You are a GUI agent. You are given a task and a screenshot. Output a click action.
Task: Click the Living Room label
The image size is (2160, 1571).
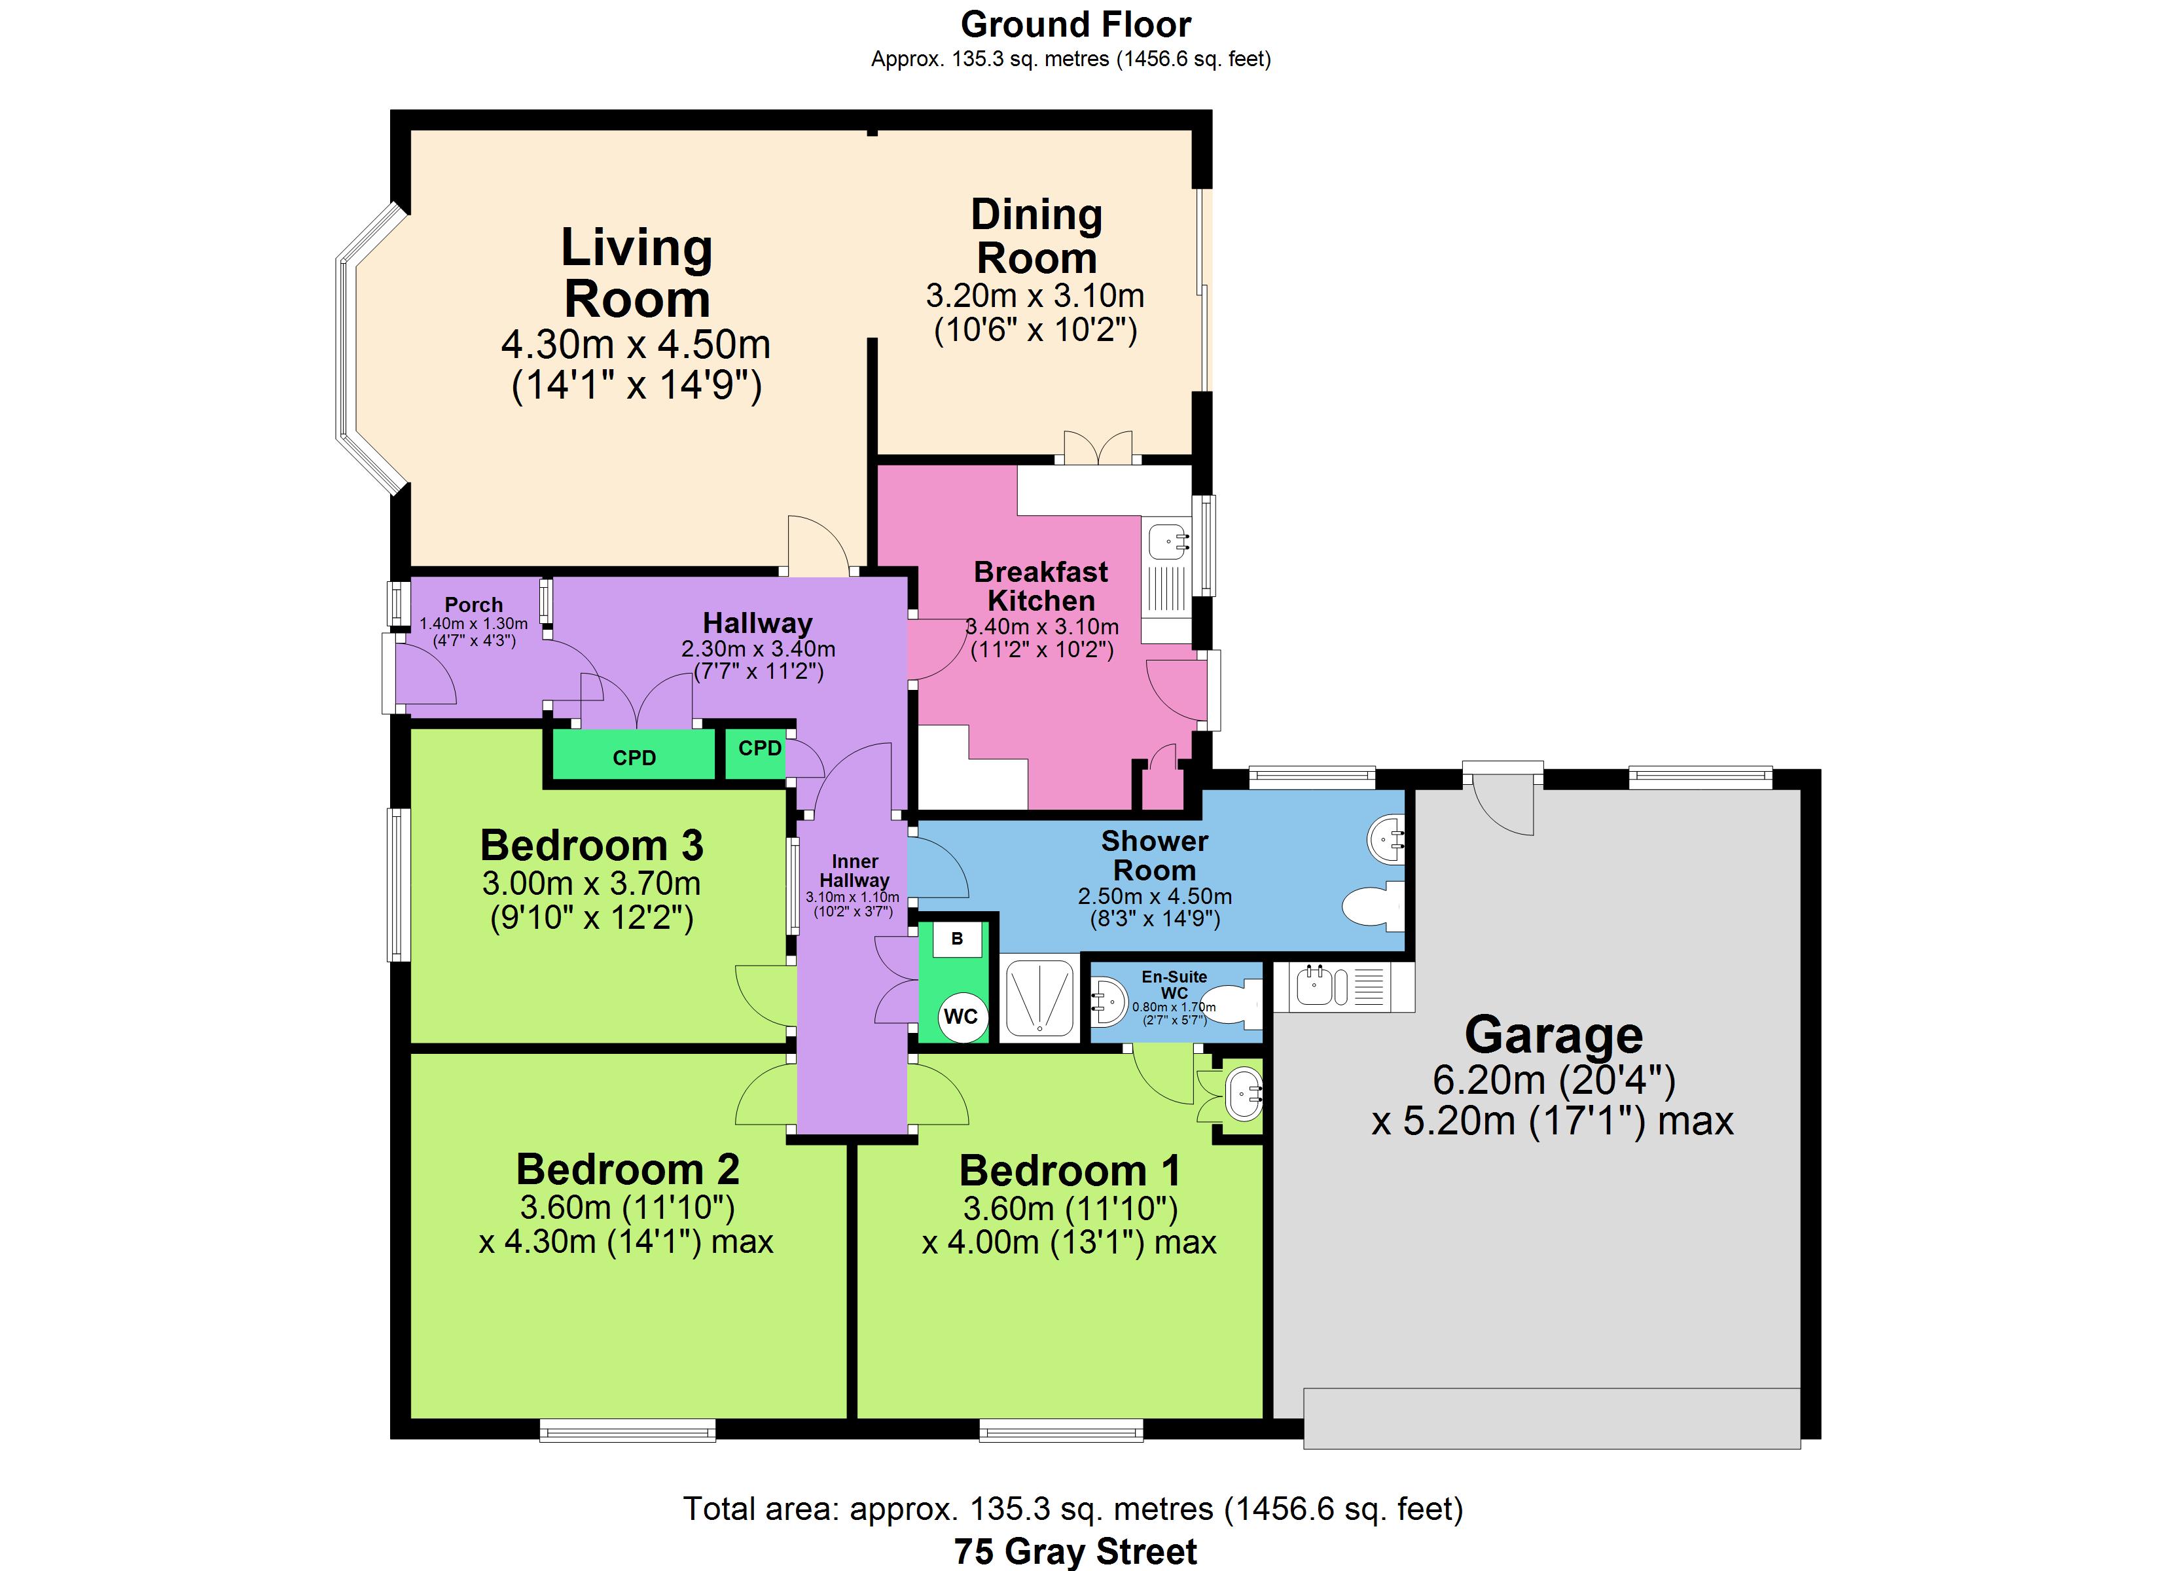637,274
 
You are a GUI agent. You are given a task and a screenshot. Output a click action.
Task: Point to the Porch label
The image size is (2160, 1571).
473,605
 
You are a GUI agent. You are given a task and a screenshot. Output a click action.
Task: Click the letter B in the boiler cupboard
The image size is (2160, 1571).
957,939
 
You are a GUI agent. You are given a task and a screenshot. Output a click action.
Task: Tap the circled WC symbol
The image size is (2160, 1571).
961,1017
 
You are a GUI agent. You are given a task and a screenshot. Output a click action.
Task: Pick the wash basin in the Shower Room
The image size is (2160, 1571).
1386,839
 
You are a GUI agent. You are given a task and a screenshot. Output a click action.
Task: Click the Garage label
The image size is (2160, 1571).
1553,1035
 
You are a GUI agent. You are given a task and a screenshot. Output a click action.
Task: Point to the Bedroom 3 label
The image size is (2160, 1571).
592,845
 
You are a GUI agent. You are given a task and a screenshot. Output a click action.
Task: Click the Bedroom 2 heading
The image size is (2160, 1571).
628,1169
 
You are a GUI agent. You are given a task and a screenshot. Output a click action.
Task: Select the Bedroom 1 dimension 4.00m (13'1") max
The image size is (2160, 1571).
1069,1242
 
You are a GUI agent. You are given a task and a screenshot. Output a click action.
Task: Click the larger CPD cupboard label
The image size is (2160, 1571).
634,757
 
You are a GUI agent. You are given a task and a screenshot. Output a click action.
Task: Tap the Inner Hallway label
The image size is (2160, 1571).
854,871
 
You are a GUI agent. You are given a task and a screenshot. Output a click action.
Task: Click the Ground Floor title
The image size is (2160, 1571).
1075,24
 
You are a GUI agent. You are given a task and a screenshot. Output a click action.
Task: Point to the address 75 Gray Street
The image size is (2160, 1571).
1075,1551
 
